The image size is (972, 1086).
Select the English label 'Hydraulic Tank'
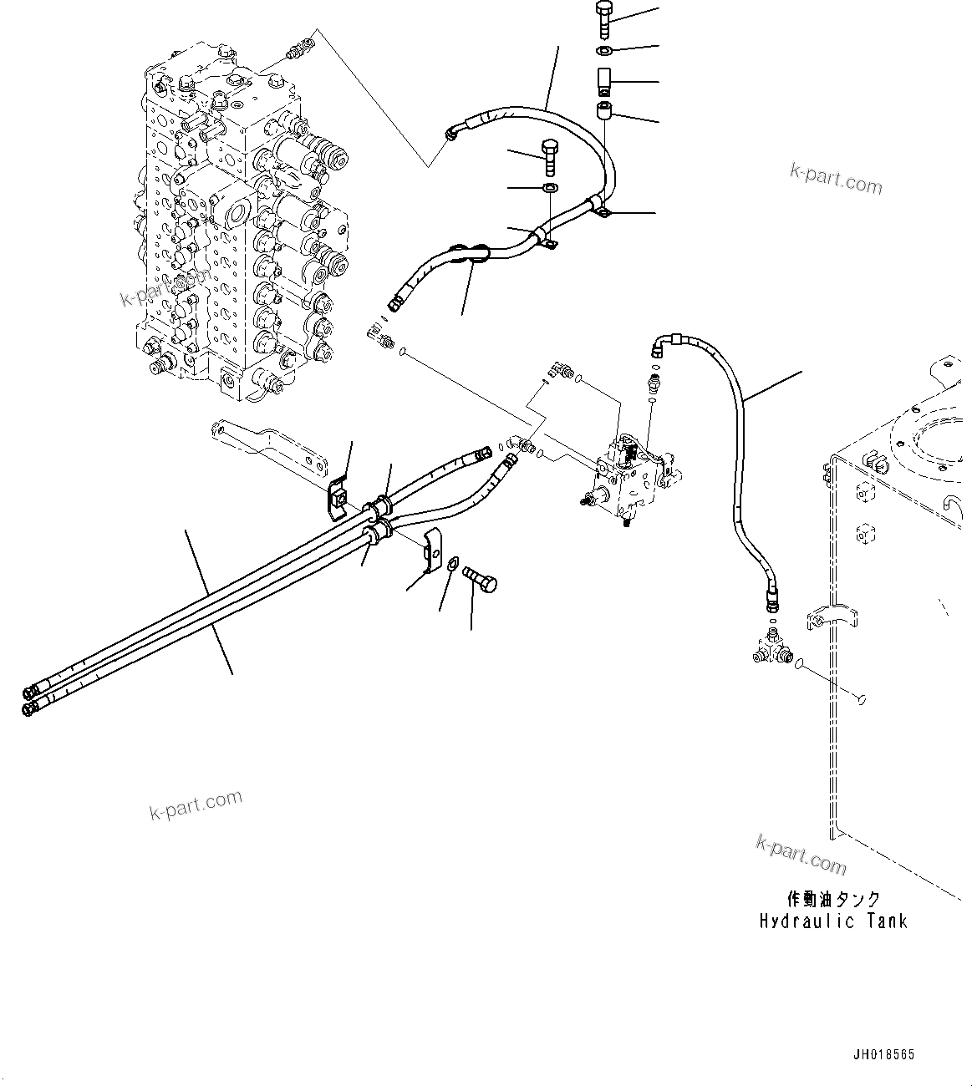coord(833,921)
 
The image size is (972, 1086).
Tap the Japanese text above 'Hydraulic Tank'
coord(833,899)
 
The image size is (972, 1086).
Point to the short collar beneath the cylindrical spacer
coord(605,112)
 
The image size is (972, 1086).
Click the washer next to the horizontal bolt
coord(452,566)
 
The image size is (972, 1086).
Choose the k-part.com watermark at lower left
coord(196,804)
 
